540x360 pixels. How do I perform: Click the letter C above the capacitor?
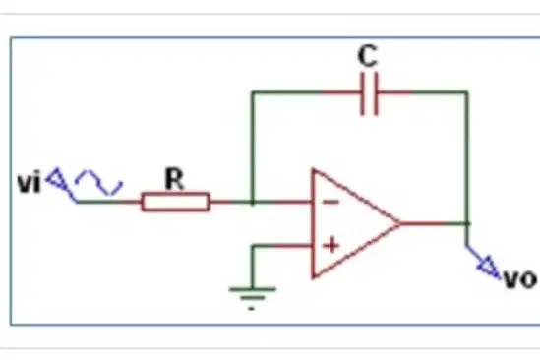(368, 56)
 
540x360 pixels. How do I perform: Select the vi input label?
(30, 182)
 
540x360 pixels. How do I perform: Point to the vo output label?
(520, 279)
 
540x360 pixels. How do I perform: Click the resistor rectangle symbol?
(175, 202)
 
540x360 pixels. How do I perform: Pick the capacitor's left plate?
(362, 93)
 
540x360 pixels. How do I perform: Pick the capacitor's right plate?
(376, 93)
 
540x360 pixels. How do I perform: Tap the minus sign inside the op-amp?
(331, 202)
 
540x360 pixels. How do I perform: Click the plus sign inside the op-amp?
(332, 245)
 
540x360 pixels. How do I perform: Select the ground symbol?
(253, 293)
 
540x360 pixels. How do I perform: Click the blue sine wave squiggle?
(98, 182)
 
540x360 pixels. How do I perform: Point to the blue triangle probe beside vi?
(56, 178)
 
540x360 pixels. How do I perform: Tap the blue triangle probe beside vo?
(488, 267)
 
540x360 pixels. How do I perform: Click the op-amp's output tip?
(401, 223)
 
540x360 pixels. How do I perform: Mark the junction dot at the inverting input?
(253, 202)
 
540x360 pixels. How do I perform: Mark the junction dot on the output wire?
(467, 223)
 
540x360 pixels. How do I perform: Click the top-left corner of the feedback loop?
(253, 92)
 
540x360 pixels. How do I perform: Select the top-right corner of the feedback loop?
(467, 92)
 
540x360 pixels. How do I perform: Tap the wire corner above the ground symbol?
(253, 246)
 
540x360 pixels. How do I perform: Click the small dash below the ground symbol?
(251, 309)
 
